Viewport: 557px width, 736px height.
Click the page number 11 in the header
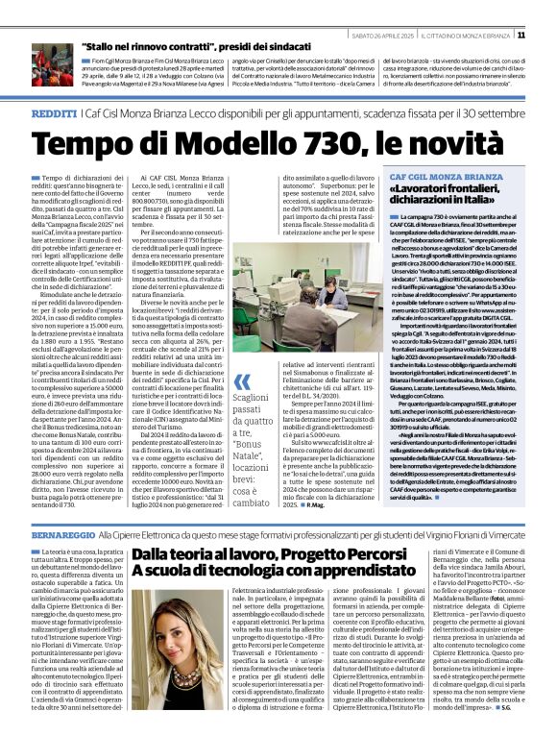point(547,36)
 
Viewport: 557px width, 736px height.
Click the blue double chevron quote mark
point(241,384)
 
